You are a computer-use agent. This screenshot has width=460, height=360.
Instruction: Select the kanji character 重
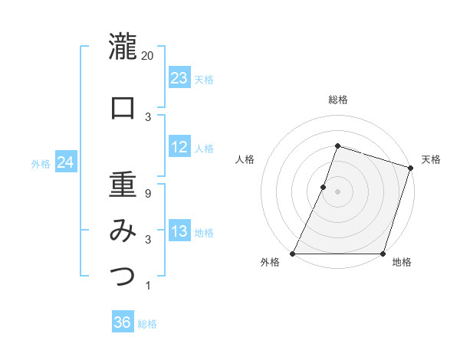pyautogui.click(x=123, y=185)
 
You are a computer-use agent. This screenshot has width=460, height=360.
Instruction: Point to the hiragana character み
pyautogui.click(x=123, y=230)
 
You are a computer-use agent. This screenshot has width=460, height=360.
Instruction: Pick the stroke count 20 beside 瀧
pyautogui.click(x=148, y=55)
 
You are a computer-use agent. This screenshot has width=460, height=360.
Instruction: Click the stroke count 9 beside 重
pyautogui.click(x=148, y=194)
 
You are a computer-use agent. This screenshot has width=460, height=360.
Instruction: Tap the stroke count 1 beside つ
pyautogui.click(x=148, y=286)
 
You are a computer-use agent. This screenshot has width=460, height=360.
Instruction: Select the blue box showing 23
pyautogui.click(x=179, y=78)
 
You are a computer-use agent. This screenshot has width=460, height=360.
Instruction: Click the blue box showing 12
pyautogui.click(x=179, y=147)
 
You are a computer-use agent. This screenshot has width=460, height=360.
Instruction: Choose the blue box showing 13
pyautogui.click(x=179, y=231)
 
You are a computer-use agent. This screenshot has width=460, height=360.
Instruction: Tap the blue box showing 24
pyautogui.click(x=66, y=162)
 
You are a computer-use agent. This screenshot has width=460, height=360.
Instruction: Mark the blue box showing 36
pyautogui.click(x=123, y=322)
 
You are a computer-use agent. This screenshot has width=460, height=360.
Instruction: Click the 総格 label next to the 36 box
pyautogui.click(x=147, y=324)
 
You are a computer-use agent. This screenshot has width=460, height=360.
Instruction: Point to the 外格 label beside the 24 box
pyautogui.click(x=41, y=163)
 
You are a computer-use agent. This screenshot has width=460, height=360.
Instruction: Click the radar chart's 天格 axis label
pyautogui.click(x=431, y=159)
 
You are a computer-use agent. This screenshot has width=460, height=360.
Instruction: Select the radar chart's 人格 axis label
pyautogui.click(x=245, y=159)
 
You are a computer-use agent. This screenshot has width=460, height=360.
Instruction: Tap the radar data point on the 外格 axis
pyautogui.click(x=293, y=254)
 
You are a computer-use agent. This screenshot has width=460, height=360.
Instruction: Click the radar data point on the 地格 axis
pyautogui.click(x=383, y=254)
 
